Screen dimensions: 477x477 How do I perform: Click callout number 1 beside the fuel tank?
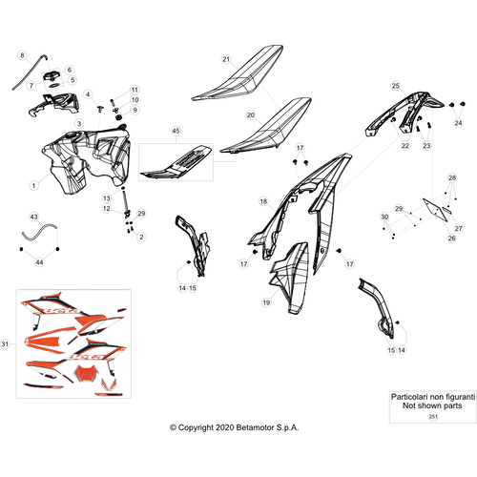pos(34,185)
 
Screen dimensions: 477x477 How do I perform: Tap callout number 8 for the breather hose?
pos(22,55)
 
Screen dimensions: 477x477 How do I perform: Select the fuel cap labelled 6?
pos(52,76)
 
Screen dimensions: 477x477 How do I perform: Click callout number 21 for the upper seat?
pos(226,59)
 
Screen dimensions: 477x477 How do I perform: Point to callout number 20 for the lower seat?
pos(251,115)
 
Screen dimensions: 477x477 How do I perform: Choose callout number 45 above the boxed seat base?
pos(176,131)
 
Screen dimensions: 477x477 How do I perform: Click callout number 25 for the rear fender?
pos(395,86)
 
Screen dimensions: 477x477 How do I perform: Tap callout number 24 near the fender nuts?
pos(458,123)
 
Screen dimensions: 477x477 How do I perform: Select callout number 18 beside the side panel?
pos(263,201)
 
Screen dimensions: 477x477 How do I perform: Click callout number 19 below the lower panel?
pos(266,302)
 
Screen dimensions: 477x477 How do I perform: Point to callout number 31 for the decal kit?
pos(5,343)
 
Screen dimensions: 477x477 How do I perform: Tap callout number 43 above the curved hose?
pos(33,217)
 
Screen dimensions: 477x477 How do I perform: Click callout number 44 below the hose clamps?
pos(39,262)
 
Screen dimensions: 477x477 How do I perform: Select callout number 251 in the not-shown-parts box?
pos(433,416)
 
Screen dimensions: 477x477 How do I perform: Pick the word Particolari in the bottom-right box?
pos(409,397)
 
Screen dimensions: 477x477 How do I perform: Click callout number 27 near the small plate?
pos(458,228)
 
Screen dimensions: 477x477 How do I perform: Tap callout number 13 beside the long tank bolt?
pos(107,198)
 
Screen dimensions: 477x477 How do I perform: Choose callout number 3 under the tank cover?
pos(79,123)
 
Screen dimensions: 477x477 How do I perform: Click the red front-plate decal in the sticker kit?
pos(85,372)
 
